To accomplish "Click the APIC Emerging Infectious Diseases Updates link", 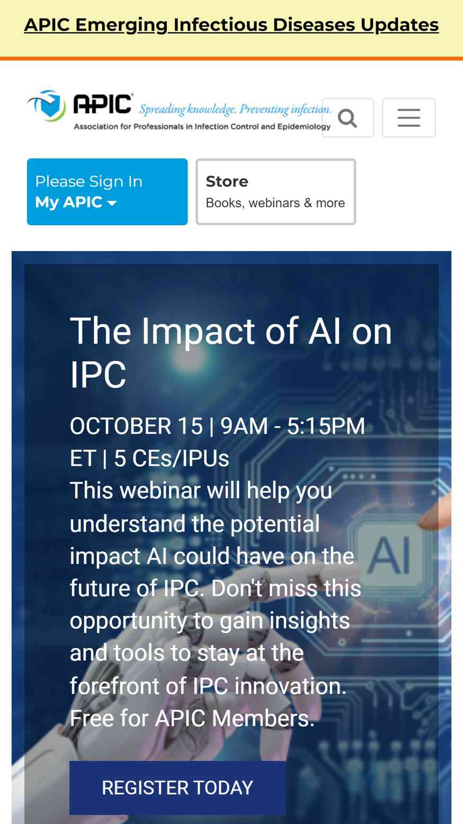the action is click(x=231, y=25).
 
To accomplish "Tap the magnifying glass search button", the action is click(x=348, y=118).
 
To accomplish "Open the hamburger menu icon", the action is click(x=409, y=118).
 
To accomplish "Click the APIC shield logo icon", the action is click(x=48, y=106).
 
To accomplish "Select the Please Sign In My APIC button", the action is click(x=108, y=192).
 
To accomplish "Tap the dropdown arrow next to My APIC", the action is click(x=111, y=203).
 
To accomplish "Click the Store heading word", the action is click(x=227, y=181).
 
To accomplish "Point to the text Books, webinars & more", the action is click(x=275, y=203).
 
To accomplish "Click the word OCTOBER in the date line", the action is click(x=121, y=426).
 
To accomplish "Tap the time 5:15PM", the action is click(x=326, y=426).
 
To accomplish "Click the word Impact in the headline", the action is click(x=199, y=332).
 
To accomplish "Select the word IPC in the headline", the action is click(x=98, y=375).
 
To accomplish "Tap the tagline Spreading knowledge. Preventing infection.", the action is click(x=235, y=109).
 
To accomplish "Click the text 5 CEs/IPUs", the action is click(x=172, y=458).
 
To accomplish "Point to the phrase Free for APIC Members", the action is click(x=192, y=719).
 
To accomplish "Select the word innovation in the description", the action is click(x=290, y=686).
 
